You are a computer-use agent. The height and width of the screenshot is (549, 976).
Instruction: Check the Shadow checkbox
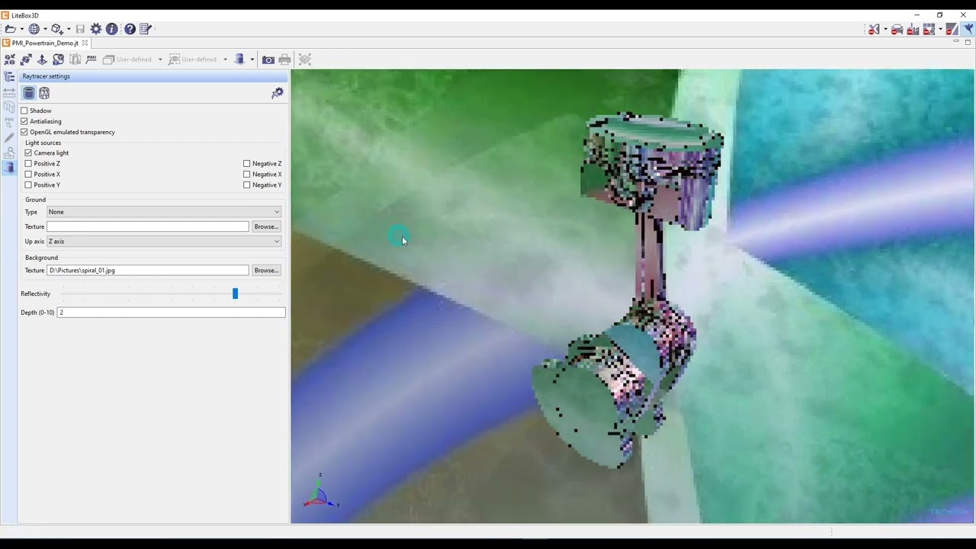(24, 111)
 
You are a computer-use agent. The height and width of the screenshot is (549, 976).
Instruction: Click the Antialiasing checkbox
(24, 121)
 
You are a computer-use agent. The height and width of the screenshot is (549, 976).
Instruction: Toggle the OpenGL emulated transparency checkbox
(24, 132)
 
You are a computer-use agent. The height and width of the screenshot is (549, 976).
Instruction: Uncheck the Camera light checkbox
(28, 153)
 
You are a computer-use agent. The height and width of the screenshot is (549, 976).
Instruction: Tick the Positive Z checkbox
(28, 164)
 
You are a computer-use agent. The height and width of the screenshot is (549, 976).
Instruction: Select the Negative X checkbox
(247, 175)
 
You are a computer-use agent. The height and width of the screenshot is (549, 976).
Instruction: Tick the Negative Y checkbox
(247, 185)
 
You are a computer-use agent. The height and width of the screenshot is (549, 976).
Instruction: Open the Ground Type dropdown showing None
(163, 212)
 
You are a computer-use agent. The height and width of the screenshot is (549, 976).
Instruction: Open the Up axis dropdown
(163, 242)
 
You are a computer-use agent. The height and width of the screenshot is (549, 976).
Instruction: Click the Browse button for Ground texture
(266, 226)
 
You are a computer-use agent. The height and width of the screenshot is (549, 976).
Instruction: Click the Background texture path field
(147, 271)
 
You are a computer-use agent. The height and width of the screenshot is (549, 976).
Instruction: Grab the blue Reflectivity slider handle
(235, 294)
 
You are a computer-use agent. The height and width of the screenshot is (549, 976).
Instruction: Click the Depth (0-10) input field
(171, 313)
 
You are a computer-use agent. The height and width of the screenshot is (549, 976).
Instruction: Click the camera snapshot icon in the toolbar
(268, 59)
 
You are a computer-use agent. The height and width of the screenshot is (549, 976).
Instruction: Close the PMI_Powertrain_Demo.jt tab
(85, 43)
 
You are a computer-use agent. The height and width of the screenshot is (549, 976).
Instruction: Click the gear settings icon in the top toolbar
(96, 29)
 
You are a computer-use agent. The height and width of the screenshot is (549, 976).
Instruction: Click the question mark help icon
(130, 29)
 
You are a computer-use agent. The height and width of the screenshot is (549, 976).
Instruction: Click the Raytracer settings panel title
(47, 76)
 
